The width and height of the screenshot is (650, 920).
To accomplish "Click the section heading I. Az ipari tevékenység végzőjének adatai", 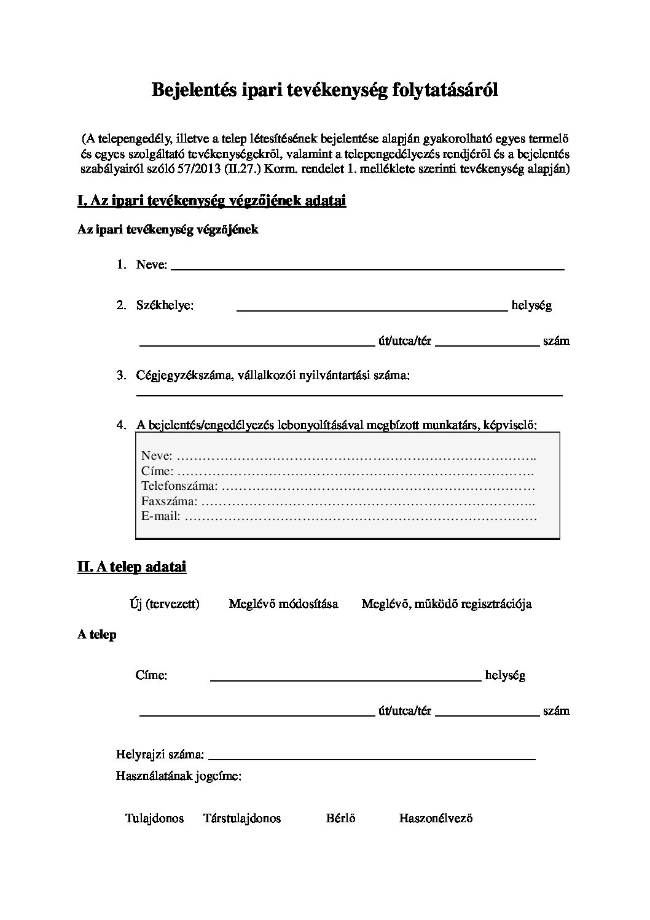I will pos(211,200).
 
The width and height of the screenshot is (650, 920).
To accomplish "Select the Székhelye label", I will pos(165,305).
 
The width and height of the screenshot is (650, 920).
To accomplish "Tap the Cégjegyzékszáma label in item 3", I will pos(184,375).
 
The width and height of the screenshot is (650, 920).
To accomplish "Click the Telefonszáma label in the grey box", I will pos(179,486).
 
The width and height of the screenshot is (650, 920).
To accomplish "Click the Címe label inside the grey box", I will pos(157,471).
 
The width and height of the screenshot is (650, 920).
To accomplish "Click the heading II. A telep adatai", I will pos(131,567).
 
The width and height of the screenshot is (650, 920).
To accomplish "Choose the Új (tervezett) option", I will pos(165,604).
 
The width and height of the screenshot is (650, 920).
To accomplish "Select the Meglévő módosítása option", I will pos(283,604).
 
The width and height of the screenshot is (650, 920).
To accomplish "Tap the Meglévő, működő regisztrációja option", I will pos(446,604).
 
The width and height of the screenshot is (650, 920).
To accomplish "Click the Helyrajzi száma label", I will pos(160,754).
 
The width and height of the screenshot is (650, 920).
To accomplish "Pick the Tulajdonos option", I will pos(155,818).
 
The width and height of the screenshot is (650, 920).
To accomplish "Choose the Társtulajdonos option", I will pos(242,818).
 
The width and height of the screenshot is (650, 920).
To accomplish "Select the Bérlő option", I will pos(341,818).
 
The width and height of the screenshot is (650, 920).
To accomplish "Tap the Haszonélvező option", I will pos(436,818).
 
